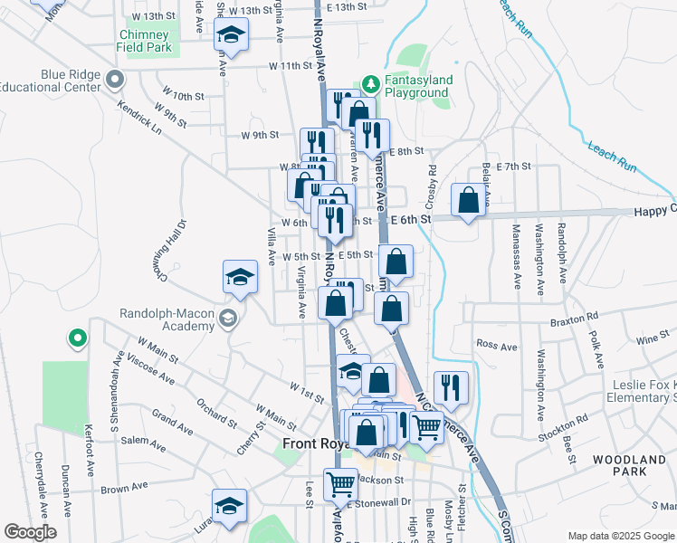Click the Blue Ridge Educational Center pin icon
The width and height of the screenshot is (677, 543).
point(115,81)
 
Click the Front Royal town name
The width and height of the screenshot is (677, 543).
point(313,443)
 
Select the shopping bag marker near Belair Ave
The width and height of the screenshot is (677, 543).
point(469,201)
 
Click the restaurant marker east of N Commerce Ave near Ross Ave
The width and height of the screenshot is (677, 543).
point(451,387)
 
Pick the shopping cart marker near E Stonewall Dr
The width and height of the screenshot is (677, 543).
point(340,483)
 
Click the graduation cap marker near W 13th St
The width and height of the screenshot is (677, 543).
point(231,37)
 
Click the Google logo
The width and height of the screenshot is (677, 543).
point(30,532)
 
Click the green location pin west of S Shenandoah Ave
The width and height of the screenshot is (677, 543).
point(78,338)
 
